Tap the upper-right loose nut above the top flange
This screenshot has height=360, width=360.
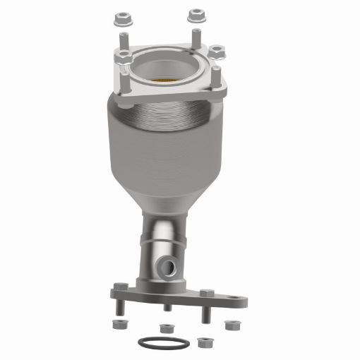195,15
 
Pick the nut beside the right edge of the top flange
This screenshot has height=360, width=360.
217,52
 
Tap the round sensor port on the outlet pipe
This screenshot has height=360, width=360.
169,267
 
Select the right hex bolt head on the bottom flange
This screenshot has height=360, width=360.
205,292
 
